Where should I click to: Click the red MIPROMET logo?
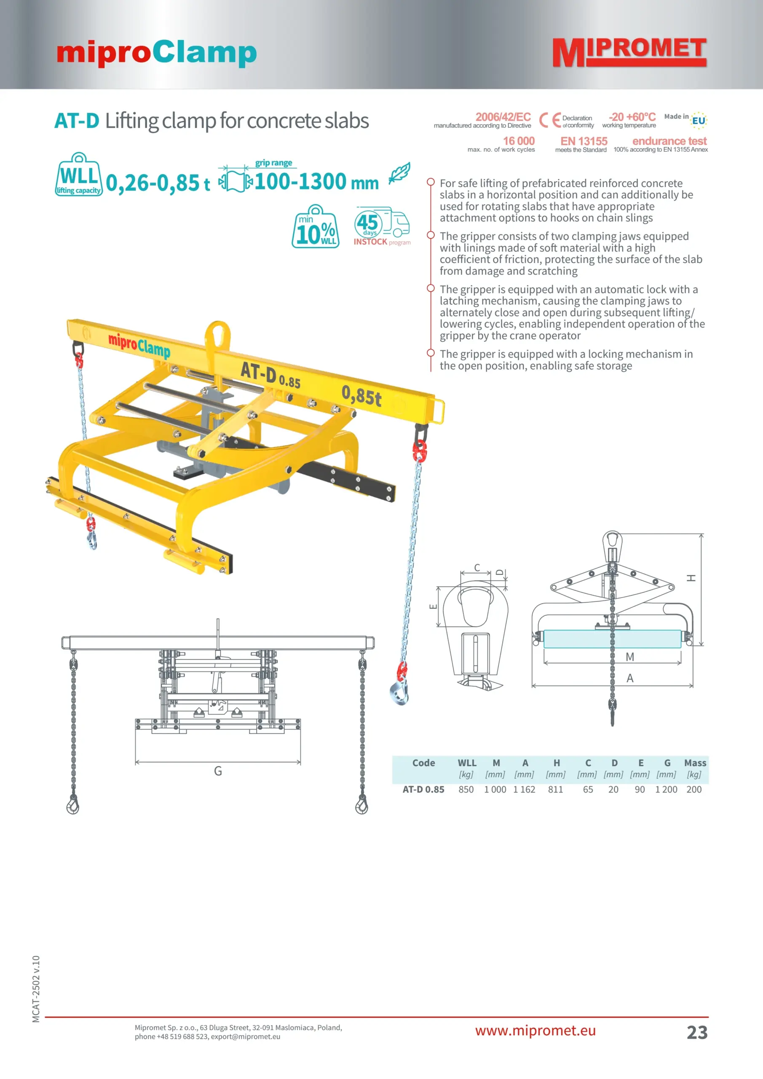click(629, 53)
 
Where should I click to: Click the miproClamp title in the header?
click(156, 53)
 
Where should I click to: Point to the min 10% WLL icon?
click(316, 226)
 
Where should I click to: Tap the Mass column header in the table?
click(695, 763)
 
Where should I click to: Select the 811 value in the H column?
click(555, 789)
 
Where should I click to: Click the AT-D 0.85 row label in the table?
click(423, 789)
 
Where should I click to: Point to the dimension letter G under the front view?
click(218, 771)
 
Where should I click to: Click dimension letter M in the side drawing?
click(630, 657)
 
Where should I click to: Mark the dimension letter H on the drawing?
click(691, 578)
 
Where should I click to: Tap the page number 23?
click(697, 1033)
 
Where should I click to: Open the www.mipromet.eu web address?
click(535, 1031)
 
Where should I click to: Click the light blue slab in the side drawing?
click(612, 639)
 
